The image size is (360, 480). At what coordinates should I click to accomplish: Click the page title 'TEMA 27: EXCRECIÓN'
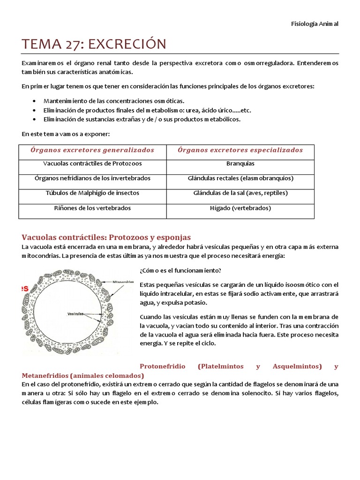tap(94, 44)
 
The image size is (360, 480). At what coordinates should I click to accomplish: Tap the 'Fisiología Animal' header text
tap(315, 24)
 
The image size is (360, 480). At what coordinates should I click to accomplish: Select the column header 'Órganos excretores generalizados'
tap(92, 150)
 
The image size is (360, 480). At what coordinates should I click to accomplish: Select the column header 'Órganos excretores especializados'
tap(240, 150)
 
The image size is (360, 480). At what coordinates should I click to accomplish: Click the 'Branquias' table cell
tap(240, 164)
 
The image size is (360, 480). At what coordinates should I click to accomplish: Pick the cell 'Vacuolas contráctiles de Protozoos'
tap(92, 164)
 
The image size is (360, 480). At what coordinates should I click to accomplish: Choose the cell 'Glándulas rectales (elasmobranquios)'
tap(240, 179)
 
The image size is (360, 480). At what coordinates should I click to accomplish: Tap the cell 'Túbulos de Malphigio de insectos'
tap(92, 193)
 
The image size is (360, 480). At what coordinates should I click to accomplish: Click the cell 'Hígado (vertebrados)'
tap(240, 208)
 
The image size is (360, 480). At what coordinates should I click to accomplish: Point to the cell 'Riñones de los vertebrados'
tap(92, 208)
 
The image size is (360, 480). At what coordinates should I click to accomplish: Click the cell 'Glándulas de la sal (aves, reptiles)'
tap(240, 193)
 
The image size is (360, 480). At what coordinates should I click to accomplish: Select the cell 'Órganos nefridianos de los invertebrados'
tap(92, 179)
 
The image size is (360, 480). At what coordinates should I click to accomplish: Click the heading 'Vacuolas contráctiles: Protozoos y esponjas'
tap(106, 238)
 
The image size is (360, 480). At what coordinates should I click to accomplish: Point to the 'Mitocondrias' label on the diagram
tap(123, 282)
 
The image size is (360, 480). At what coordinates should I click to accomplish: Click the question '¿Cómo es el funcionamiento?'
tap(180, 270)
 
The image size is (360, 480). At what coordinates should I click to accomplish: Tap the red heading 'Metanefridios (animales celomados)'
tap(83, 376)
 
